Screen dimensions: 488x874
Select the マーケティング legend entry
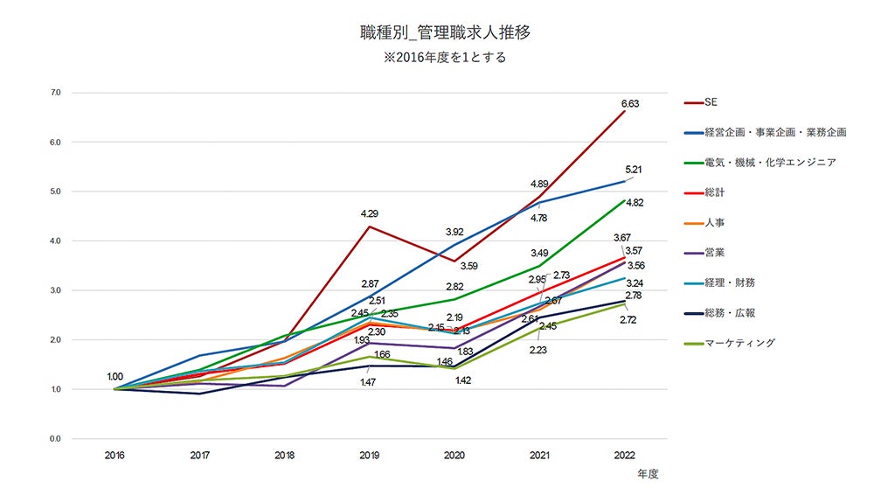(739, 344)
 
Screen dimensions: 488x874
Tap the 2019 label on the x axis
(370, 456)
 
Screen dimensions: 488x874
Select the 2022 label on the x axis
(625, 456)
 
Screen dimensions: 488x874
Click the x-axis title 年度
(648, 473)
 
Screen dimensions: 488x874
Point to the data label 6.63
(630, 103)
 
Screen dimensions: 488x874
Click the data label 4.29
(370, 213)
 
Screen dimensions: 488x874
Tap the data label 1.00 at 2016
(114, 377)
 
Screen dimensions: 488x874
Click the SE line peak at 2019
(370, 227)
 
